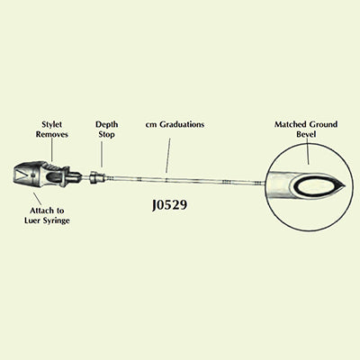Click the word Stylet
pyautogui.click(x=52, y=124)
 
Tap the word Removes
pyautogui.click(x=52, y=134)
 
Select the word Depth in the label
pyautogui.click(x=107, y=124)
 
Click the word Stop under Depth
pyautogui.click(x=107, y=134)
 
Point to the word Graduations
pyautogui.click(x=182, y=124)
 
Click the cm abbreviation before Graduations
pyautogui.click(x=151, y=125)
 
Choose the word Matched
pyautogui.click(x=291, y=124)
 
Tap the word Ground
pyautogui.click(x=324, y=124)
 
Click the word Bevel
pyautogui.click(x=306, y=134)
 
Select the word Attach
pyautogui.click(x=40, y=211)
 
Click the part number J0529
pyautogui.click(x=170, y=205)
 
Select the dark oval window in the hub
pyautogui.click(x=55, y=177)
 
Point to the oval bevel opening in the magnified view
pyautogui.click(x=312, y=186)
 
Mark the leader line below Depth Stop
pyautogui.click(x=102, y=154)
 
